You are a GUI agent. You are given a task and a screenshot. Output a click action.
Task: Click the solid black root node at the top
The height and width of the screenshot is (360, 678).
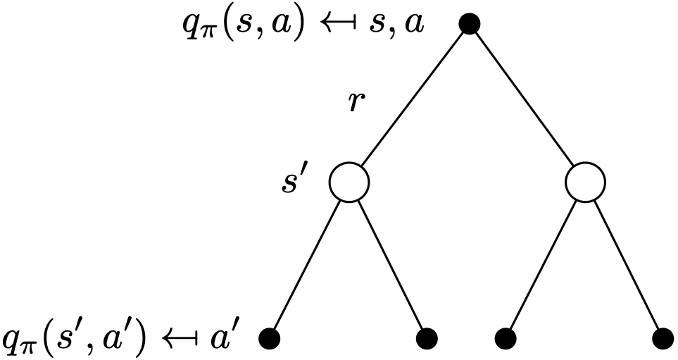coord(470,24)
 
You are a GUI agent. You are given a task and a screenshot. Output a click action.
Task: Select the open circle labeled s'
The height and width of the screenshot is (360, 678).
coord(349,183)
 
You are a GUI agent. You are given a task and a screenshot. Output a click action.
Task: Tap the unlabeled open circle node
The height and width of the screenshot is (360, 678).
coord(586,183)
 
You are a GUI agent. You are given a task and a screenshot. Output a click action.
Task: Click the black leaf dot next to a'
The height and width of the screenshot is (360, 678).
coord(270,339)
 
